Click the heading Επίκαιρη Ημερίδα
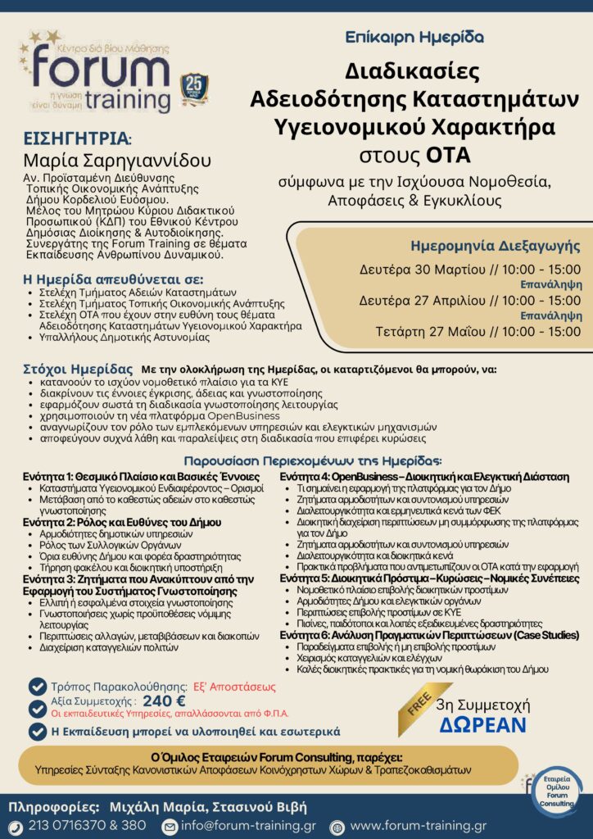pos(414,37)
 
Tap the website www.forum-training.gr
pos(418,826)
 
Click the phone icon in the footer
pos(15,826)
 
